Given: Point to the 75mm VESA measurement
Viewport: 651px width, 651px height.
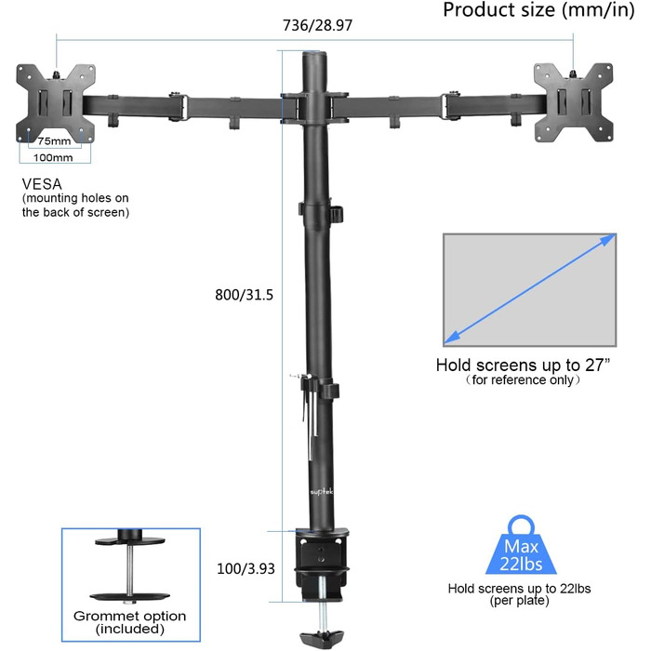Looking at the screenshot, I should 55,141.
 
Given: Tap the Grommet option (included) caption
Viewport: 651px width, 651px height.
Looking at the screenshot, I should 130,621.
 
